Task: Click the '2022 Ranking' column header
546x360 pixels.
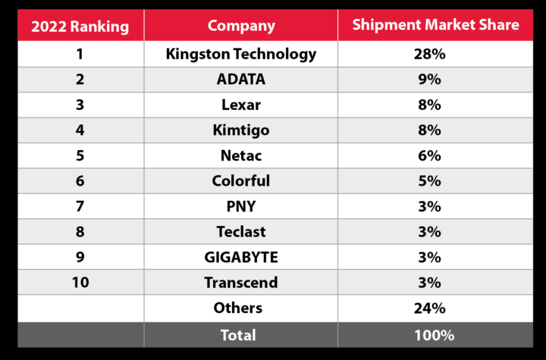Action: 80,27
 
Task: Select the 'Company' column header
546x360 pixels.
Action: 241,26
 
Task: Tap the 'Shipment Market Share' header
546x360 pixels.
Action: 435,25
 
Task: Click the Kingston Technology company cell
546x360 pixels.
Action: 241,54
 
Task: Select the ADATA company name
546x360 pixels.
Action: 241,79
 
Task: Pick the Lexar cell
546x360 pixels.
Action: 241,105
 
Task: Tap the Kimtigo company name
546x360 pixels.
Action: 241,130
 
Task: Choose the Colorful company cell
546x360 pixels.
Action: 241,181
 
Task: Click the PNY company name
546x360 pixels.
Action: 241,206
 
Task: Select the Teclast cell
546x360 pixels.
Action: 241,232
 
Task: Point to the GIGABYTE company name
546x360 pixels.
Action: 241,257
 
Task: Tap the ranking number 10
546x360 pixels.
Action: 80,283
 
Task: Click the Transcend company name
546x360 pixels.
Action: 241,283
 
